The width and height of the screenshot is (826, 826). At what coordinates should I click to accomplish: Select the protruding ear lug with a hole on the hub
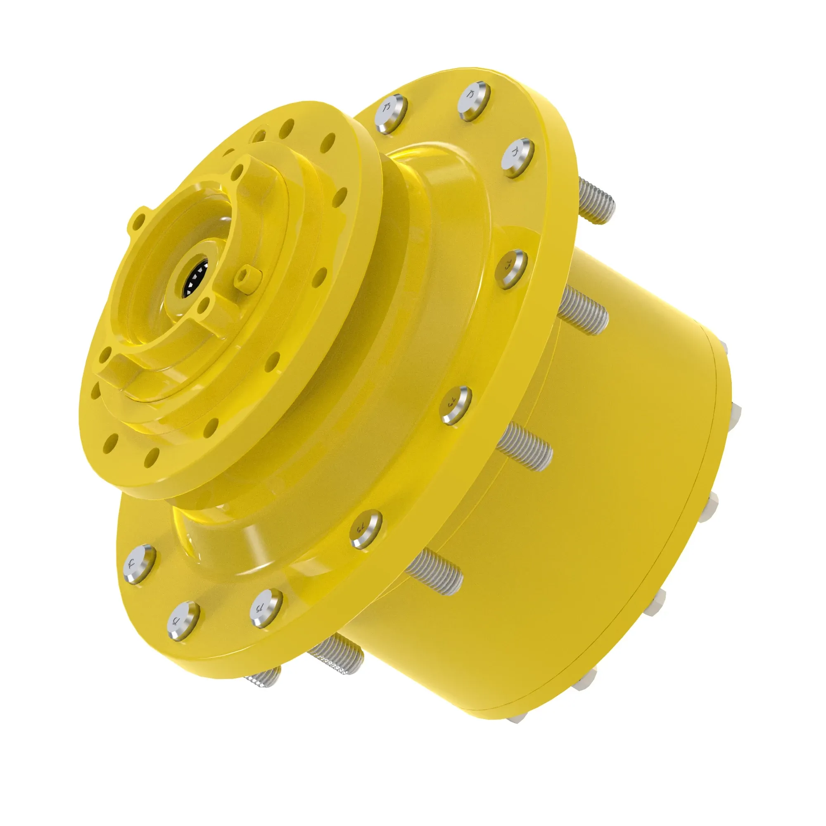pyautogui.click(x=138, y=218)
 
